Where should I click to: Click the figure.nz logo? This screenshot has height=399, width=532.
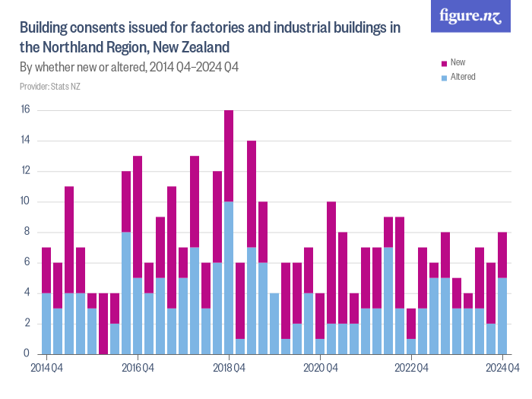(470, 16)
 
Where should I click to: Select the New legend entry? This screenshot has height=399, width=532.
(458, 62)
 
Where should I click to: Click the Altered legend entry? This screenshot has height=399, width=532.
(462, 77)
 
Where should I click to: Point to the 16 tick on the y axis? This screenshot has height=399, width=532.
(25, 110)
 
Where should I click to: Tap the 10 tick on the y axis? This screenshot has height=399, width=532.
(25, 201)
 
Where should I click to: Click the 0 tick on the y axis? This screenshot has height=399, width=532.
(27, 354)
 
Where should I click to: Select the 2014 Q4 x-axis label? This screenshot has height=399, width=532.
(46, 369)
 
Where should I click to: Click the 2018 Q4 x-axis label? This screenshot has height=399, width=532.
(229, 369)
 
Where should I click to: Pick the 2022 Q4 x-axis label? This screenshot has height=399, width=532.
(411, 369)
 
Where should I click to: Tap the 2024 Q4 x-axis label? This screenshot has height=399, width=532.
(502, 369)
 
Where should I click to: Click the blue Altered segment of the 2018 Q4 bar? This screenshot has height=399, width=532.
(229, 277)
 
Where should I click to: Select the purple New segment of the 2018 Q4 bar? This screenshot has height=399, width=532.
(229, 156)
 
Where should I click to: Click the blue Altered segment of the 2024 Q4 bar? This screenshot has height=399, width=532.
(502, 315)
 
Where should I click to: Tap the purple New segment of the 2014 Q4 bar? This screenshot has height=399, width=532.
(46, 270)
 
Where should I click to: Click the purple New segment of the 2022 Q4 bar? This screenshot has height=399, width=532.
(411, 323)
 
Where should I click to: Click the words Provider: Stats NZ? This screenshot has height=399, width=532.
(50, 87)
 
